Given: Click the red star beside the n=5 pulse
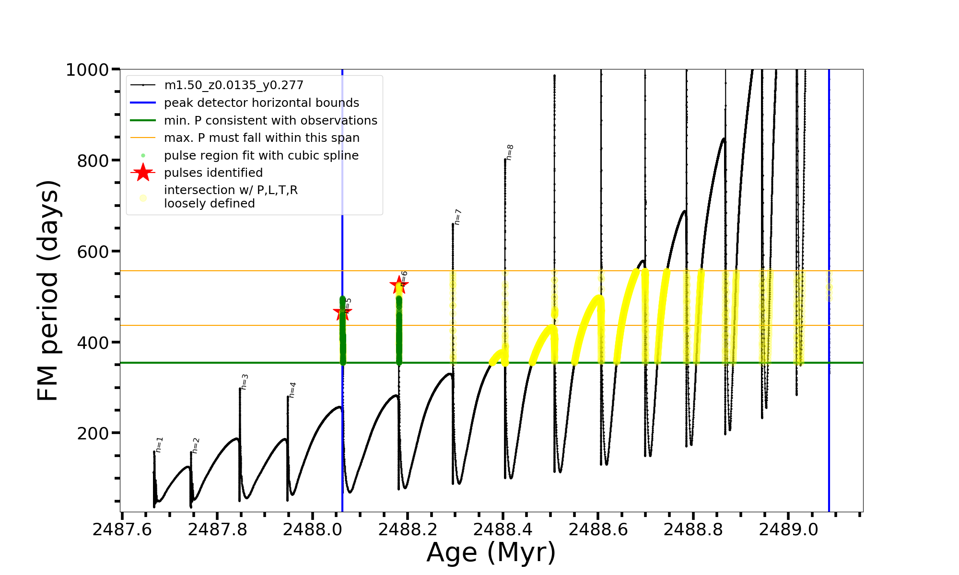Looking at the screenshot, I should click(342, 312).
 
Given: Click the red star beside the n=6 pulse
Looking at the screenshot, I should click(399, 285).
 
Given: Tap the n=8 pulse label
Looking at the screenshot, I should click(510, 152).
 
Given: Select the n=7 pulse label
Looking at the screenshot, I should click(457, 217).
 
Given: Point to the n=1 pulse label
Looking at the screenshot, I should click(159, 445).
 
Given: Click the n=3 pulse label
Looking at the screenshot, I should click(245, 382).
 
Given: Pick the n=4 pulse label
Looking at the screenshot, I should click(292, 390).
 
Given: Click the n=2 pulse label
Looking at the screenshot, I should click(195, 446).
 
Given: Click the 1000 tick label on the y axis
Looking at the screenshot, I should click(87, 70).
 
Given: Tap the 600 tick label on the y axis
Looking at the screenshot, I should click(93, 252).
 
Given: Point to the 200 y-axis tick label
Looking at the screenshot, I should click(93, 433).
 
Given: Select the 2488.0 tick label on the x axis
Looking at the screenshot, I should click(313, 530).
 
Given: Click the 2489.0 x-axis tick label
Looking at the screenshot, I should click(788, 530).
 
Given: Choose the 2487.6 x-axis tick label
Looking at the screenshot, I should click(122, 530).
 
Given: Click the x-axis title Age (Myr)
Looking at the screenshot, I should click(491, 552).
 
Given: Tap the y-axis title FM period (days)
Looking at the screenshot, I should click(48, 290).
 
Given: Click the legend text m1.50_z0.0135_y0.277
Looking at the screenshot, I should click(234, 85).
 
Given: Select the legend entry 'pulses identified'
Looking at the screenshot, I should click(213, 173).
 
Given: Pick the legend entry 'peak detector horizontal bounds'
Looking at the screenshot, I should click(261, 103).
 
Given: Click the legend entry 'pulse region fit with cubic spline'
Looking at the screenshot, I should click(261, 156).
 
